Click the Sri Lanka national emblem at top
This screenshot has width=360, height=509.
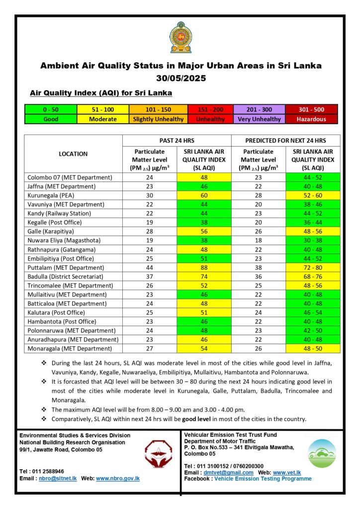[x=180, y=37]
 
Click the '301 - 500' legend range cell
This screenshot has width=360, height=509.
[x=312, y=109]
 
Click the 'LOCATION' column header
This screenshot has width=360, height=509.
[x=73, y=154]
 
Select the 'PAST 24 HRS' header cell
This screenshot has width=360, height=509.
[x=177, y=141]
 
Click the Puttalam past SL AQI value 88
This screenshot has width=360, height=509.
[x=204, y=267]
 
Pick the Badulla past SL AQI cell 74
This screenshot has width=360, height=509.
[x=204, y=276]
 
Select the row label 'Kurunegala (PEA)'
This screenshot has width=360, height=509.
[x=52, y=195]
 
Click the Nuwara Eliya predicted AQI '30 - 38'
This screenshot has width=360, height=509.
[x=313, y=241]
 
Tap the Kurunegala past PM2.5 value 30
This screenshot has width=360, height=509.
[x=150, y=195]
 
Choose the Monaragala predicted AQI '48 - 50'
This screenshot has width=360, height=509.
[x=313, y=349]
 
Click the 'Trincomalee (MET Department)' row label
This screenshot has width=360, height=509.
[x=70, y=286]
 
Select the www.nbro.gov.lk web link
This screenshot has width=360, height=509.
[x=118, y=478]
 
